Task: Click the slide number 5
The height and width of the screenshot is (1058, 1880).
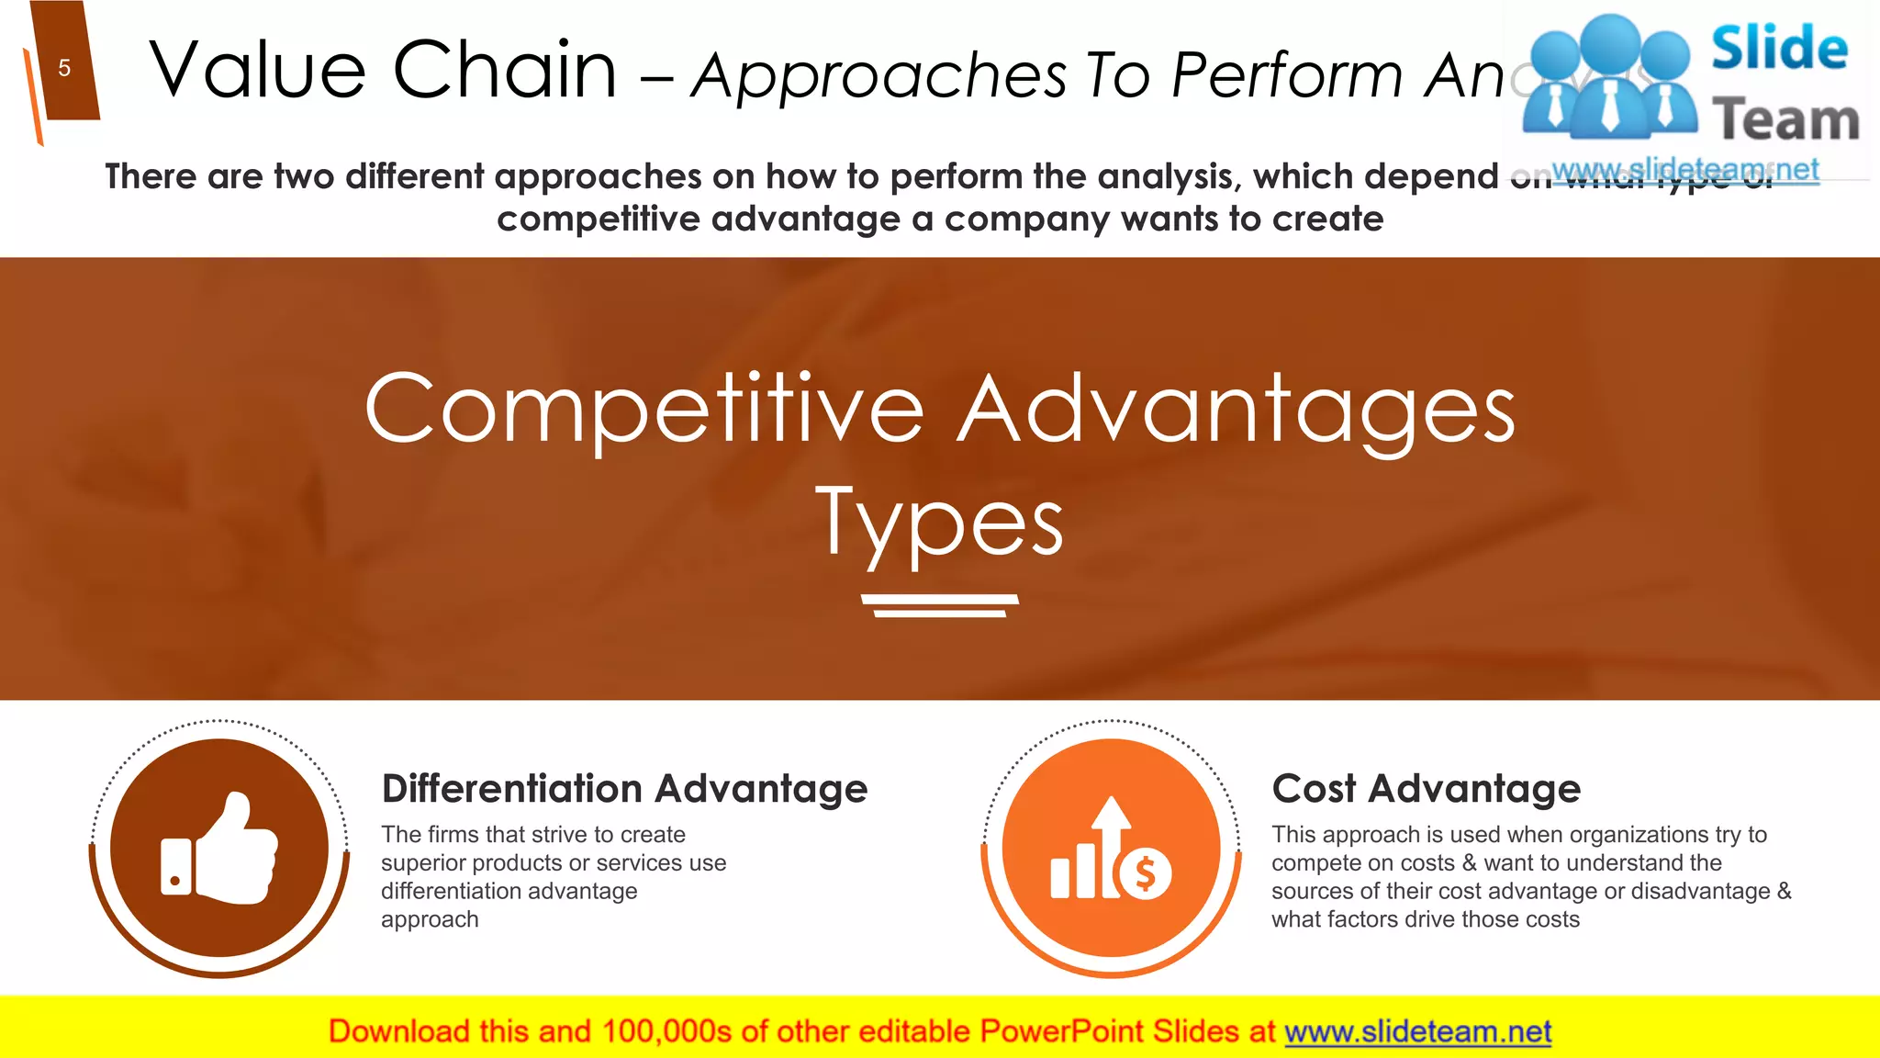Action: pyautogui.click(x=64, y=68)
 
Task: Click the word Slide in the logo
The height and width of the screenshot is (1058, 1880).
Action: pyautogui.click(x=1779, y=48)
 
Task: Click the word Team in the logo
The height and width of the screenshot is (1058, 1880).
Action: pyautogui.click(x=1785, y=120)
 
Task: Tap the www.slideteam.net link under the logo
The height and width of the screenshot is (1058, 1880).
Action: pyautogui.click(x=1685, y=170)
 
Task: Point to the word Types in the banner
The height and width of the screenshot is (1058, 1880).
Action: pyautogui.click(x=940, y=523)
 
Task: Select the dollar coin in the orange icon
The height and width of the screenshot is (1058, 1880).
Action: pyautogui.click(x=1145, y=872)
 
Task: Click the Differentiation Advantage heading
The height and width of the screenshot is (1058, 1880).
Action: pyautogui.click(x=624, y=789)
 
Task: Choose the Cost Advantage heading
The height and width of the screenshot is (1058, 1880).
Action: pyautogui.click(x=1426, y=789)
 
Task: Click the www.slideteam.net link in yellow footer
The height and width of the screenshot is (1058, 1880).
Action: pyautogui.click(x=1417, y=1032)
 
